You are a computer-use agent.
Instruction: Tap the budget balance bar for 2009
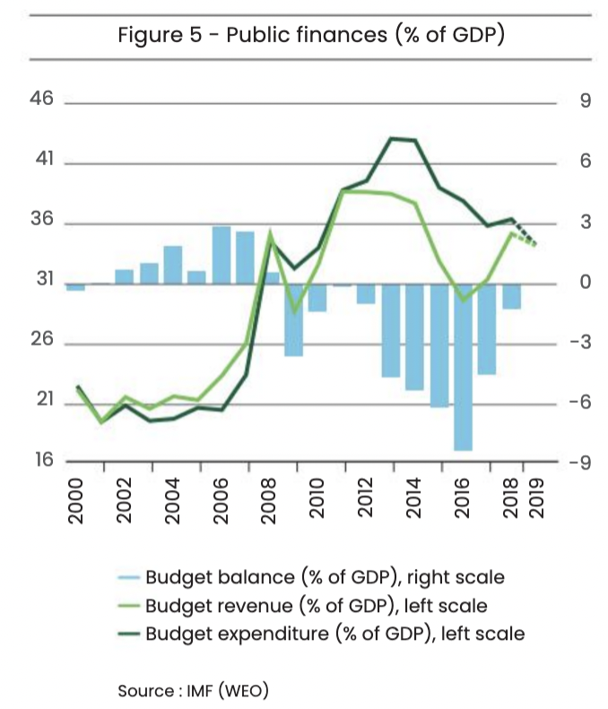point(293,319)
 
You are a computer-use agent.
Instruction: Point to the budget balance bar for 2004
point(173,264)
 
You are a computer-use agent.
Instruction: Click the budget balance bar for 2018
point(511,296)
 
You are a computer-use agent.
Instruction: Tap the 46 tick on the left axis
point(41,101)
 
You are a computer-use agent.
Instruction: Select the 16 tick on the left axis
point(41,461)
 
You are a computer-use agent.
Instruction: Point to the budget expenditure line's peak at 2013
point(391,138)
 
